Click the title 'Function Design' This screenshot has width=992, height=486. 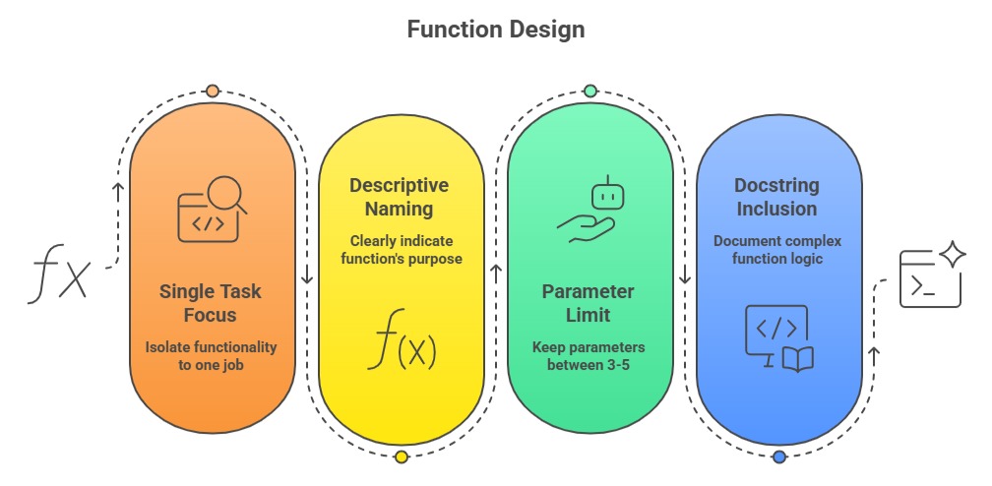pyautogui.click(x=495, y=30)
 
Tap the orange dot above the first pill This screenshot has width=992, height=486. pyautogui.click(x=213, y=91)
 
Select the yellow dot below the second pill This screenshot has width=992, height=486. pyautogui.click(x=401, y=456)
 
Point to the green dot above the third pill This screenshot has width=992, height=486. pyautogui.click(x=589, y=91)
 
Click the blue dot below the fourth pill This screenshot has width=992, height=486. pyautogui.click(x=778, y=456)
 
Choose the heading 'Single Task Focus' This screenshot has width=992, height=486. pyautogui.click(x=212, y=303)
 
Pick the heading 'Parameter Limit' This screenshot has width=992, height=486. pyautogui.click(x=589, y=303)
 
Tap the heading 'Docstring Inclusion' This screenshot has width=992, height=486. pyautogui.click(x=775, y=197)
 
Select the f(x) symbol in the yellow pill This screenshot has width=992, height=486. pyautogui.click(x=402, y=339)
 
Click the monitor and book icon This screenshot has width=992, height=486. pyautogui.click(x=777, y=337)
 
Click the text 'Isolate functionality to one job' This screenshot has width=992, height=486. pyautogui.click(x=212, y=356)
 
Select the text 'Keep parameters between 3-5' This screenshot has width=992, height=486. pyautogui.click(x=589, y=356)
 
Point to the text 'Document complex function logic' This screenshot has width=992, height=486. pyautogui.click(x=777, y=250)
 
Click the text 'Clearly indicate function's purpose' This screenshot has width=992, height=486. pyautogui.click(x=401, y=250)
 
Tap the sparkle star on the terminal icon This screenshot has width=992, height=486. pyautogui.click(x=952, y=256)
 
